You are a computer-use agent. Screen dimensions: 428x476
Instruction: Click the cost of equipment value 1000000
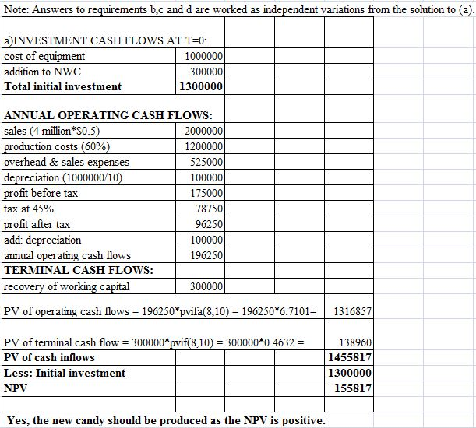[205, 56]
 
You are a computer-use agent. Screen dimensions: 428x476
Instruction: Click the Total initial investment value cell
[202, 86]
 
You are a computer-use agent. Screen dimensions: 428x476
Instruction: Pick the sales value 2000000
[205, 131]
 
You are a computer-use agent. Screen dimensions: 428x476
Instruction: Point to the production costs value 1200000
[205, 146]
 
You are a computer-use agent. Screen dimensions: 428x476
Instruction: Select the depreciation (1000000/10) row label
[63, 177]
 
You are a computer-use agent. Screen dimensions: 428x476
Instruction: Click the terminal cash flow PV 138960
[355, 342]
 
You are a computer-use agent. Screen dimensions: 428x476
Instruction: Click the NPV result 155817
[354, 388]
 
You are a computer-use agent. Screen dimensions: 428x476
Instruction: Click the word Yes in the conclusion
[18, 420]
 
